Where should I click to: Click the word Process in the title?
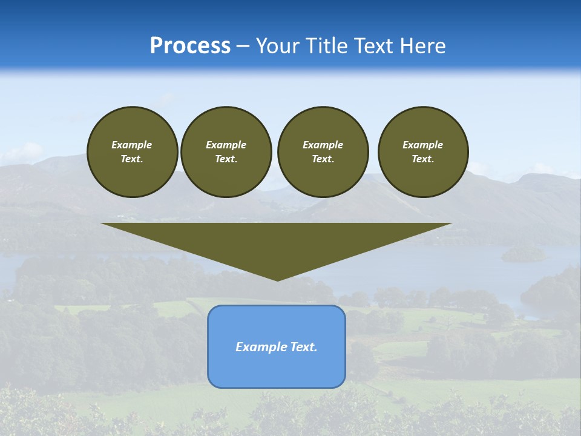[x=190, y=46]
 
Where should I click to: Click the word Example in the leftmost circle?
[x=132, y=145]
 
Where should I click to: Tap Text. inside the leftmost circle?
[x=132, y=159]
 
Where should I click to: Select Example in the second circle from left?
[x=226, y=145]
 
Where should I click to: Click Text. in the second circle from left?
[x=226, y=159]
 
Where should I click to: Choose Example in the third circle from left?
[x=323, y=145]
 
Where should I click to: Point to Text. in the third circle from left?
[x=323, y=159]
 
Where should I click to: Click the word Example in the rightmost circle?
[x=422, y=145]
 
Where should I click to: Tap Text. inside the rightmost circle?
[x=422, y=159]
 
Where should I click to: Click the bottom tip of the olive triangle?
[x=277, y=280]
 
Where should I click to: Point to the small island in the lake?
[x=524, y=254]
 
